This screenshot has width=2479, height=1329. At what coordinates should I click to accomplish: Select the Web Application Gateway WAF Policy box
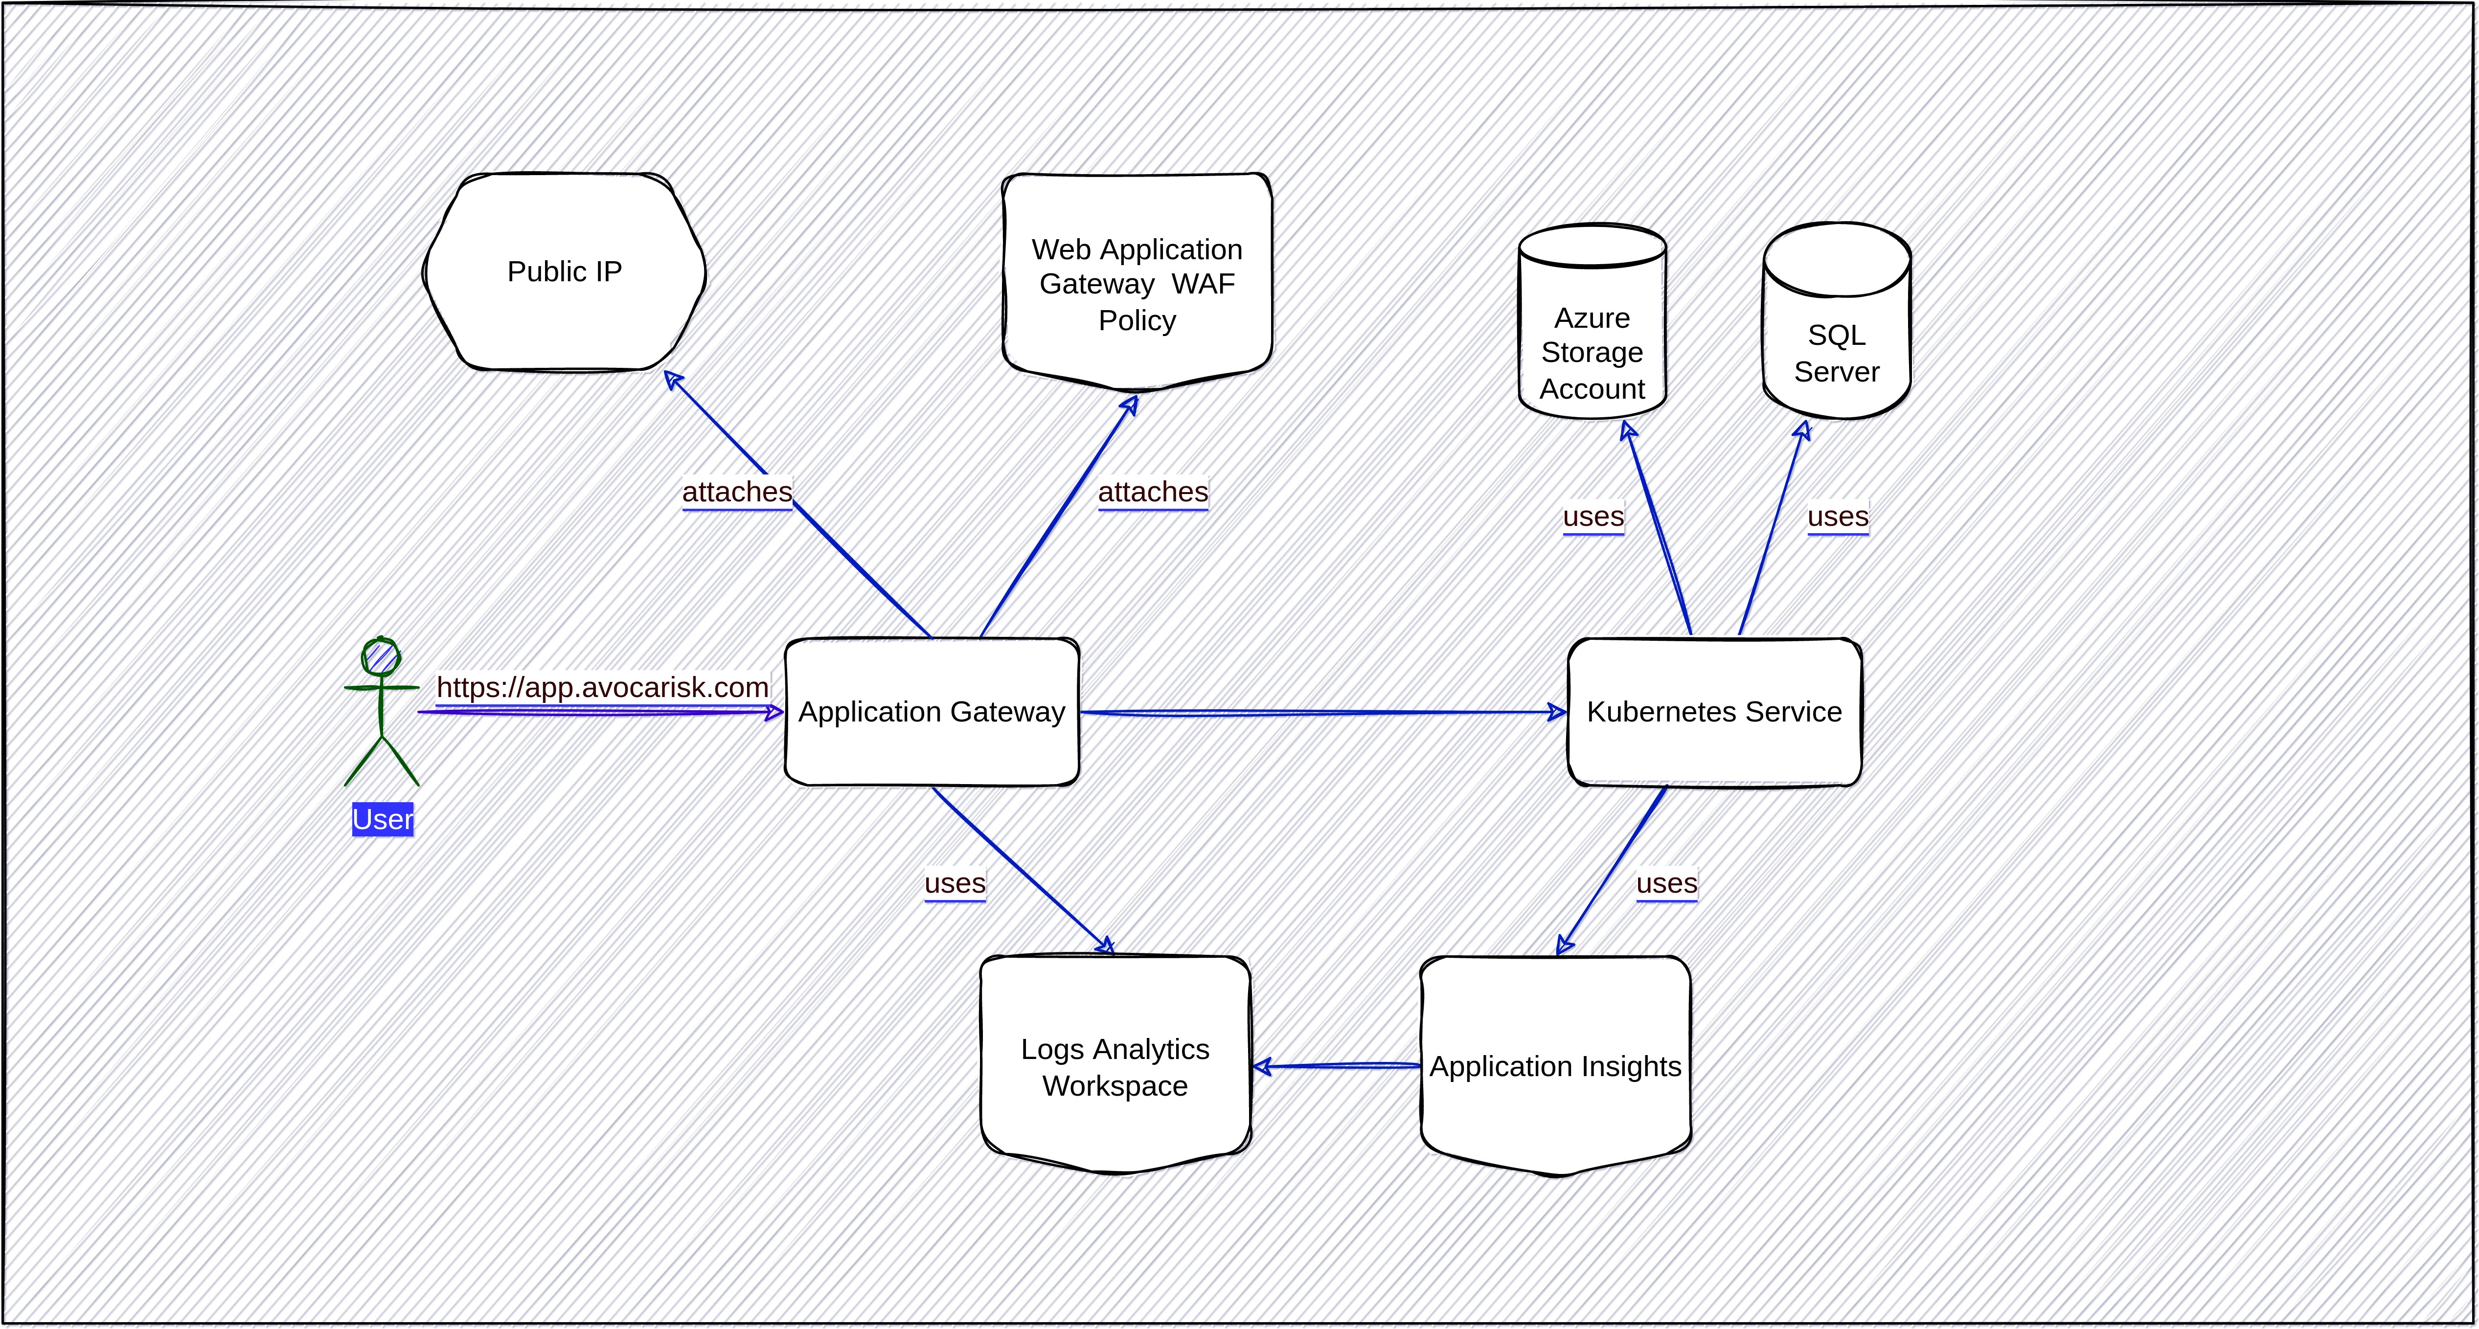pyautogui.click(x=1137, y=284)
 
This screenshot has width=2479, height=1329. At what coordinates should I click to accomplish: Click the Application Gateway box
pyautogui.click(x=932, y=712)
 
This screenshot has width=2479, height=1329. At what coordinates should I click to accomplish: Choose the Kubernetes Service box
pyautogui.click(x=1714, y=712)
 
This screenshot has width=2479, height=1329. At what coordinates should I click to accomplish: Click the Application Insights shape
pyautogui.click(x=1555, y=1066)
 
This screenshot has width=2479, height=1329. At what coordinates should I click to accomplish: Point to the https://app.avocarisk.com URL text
pyautogui.click(x=602, y=687)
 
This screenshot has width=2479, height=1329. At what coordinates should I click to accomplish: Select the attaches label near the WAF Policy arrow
pyautogui.click(x=1152, y=492)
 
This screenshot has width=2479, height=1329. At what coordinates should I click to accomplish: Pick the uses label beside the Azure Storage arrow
pyautogui.click(x=1592, y=517)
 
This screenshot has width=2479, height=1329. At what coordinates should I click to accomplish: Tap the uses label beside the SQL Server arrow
pyautogui.click(x=1837, y=517)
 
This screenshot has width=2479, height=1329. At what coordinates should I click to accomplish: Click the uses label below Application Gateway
pyautogui.click(x=955, y=883)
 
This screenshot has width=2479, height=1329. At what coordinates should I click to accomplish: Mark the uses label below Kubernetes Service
pyautogui.click(x=1667, y=883)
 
